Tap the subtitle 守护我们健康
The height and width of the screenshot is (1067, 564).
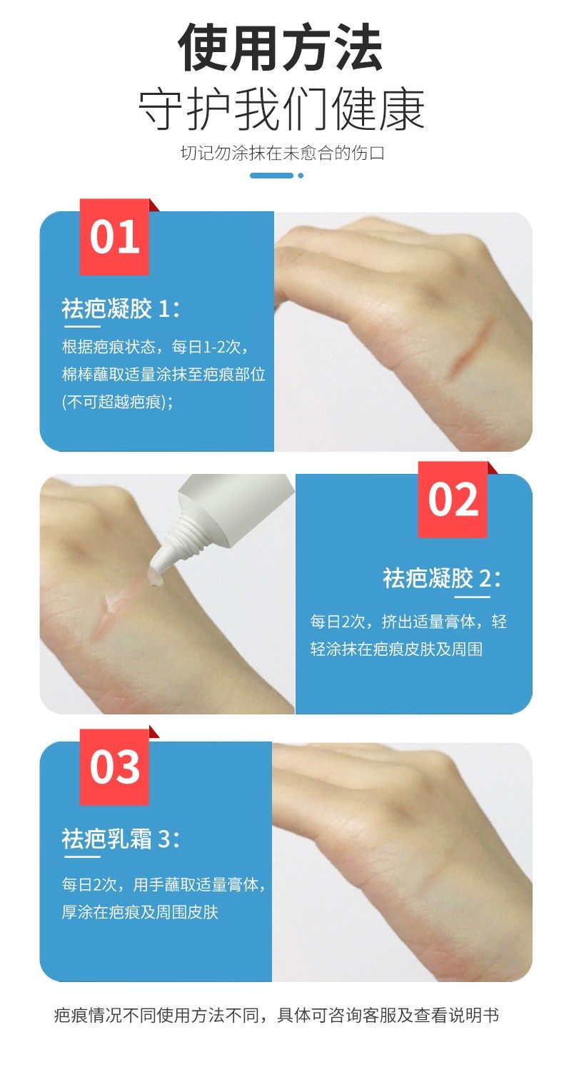pos(281,110)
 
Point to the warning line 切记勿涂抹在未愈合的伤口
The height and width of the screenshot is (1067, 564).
pos(282,153)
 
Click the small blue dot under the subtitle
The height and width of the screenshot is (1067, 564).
pos(301,176)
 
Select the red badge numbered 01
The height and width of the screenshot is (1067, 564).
pos(114,237)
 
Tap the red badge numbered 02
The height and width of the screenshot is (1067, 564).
pos(453,499)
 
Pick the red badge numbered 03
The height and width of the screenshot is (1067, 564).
pos(114,767)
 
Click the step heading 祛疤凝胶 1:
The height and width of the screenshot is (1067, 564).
pos(121,308)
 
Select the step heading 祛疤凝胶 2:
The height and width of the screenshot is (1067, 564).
pos(442,578)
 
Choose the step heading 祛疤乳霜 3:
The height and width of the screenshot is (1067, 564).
pos(121,839)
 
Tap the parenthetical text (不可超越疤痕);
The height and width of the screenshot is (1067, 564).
pos(118,402)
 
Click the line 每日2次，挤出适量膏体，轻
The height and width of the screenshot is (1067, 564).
pos(408,622)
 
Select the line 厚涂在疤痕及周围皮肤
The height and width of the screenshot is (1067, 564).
pos(139,912)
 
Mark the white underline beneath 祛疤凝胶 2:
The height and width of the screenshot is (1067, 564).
pos(472,597)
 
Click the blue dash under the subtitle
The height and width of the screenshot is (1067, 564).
pos(271,176)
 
